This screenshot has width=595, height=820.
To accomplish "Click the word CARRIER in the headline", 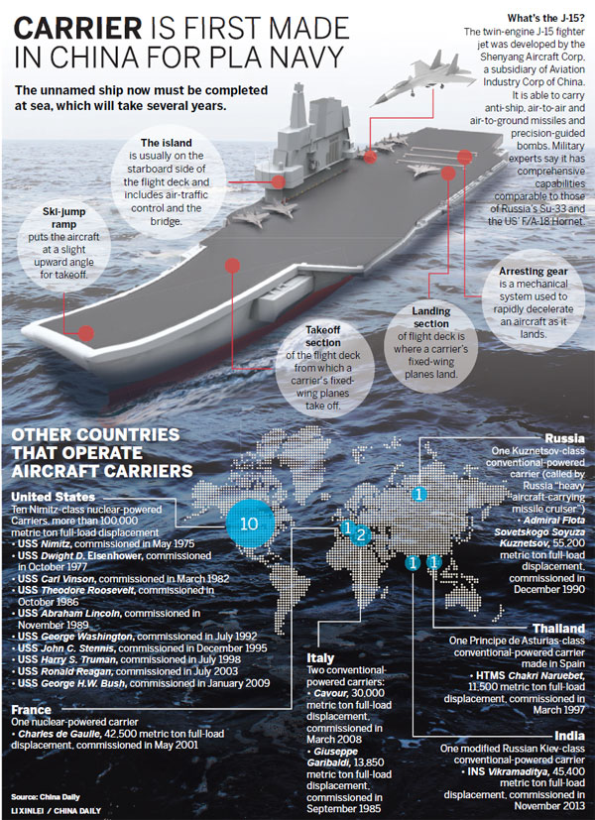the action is [x=77, y=28].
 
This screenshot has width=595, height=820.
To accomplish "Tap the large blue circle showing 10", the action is [x=249, y=523].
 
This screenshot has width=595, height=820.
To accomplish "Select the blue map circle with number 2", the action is [x=361, y=535].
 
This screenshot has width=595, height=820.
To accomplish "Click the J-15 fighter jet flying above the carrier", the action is [x=424, y=74].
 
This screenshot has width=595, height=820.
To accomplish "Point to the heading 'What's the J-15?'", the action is [x=545, y=19].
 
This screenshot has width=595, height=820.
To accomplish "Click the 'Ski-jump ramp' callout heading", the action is [x=63, y=218].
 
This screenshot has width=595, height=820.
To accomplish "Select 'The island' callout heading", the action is [x=166, y=143].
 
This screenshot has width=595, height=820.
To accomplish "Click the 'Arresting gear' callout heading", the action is [x=533, y=272].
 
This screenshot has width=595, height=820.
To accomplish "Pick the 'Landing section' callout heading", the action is [x=430, y=317].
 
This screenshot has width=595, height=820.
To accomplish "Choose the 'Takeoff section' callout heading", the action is [x=322, y=336].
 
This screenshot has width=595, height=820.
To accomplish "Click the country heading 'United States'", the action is [x=54, y=497].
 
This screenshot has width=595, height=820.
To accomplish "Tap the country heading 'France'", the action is [x=32, y=710].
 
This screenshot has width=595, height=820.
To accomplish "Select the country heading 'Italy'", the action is [x=320, y=657].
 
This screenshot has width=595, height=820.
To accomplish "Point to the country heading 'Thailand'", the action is [x=558, y=628].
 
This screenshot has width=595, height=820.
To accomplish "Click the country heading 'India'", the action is [x=569, y=736].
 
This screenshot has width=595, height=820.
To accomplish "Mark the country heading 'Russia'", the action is [x=564, y=438].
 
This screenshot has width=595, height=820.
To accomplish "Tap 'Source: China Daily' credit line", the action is [x=46, y=797].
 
